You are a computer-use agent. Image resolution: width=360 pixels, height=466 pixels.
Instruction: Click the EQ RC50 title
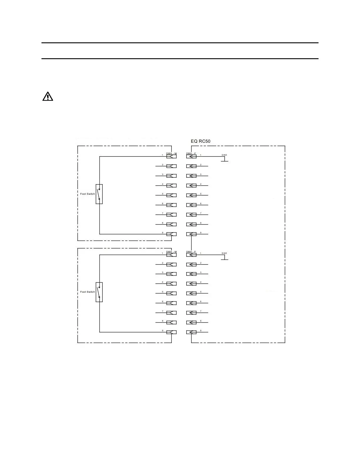(201, 141)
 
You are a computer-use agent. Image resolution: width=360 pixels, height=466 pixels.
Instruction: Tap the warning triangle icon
(48, 96)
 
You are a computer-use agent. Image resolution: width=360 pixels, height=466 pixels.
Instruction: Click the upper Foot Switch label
(87, 194)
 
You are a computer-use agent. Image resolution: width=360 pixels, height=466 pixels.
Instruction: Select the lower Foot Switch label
(87, 292)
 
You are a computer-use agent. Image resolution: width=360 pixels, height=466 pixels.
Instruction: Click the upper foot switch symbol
(99, 194)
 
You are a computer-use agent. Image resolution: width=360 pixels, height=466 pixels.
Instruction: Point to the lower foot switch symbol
(99, 292)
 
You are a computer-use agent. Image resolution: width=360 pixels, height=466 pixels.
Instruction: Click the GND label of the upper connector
(224, 155)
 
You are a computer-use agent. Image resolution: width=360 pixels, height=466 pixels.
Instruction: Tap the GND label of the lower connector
(224, 253)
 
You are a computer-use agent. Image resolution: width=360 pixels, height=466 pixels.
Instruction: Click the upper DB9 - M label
(171, 154)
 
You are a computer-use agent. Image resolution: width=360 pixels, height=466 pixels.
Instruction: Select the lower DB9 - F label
(191, 252)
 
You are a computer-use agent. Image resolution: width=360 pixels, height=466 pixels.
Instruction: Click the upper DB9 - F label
(191, 154)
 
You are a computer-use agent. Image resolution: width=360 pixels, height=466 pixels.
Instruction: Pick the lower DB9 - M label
(171, 252)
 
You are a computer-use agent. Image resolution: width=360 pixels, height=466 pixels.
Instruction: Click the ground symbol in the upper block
(224, 160)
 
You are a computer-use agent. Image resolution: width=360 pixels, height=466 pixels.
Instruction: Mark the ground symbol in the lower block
(224, 259)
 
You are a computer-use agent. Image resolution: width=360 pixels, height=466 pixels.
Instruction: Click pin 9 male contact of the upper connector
(171, 234)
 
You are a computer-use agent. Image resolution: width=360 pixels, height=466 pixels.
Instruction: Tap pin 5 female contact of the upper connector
(191, 195)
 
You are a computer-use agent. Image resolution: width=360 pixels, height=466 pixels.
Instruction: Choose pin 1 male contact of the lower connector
(171, 255)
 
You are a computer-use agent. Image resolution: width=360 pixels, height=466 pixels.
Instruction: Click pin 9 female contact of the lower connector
(191, 332)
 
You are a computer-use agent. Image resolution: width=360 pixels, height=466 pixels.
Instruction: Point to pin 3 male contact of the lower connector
(171, 274)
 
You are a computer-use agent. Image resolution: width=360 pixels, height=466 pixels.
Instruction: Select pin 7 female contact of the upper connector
(191, 215)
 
